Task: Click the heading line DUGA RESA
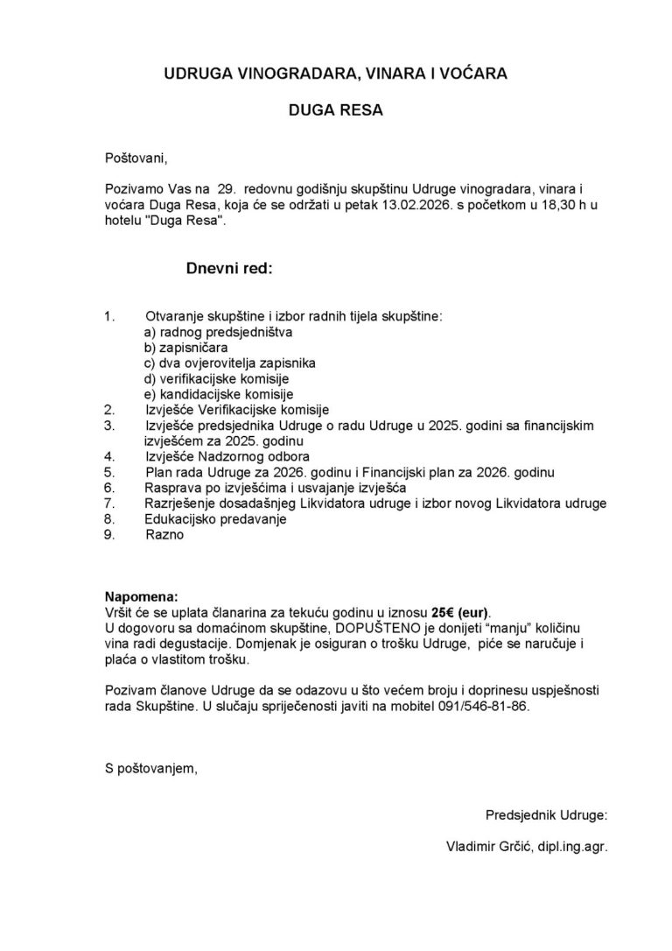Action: [336, 111]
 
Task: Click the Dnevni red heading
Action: [229, 270]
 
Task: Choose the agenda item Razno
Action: [165, 534]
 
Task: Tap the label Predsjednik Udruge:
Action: [546, 815]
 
